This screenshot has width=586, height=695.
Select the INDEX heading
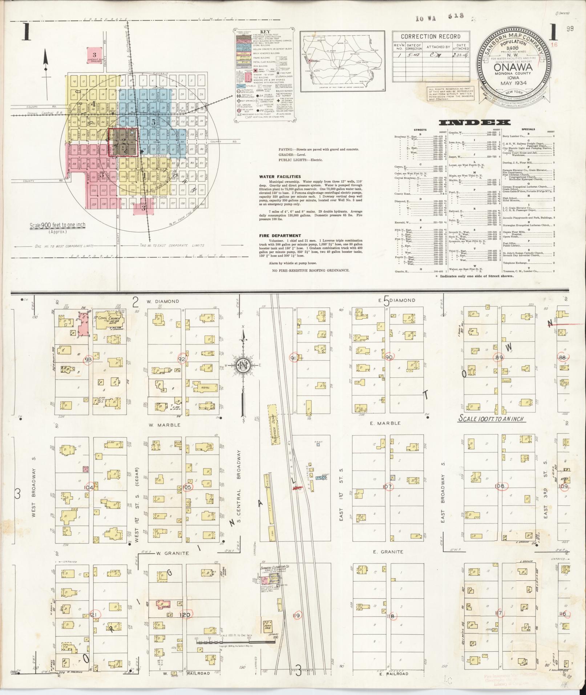(474, 122)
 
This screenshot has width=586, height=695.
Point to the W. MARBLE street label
(163, 424)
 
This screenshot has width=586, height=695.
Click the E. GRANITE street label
(388, 551)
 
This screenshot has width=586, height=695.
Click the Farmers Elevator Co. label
(275, 567)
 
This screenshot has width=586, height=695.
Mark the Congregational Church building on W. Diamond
(110, 320)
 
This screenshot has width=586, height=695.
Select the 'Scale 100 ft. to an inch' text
(490, 419)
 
